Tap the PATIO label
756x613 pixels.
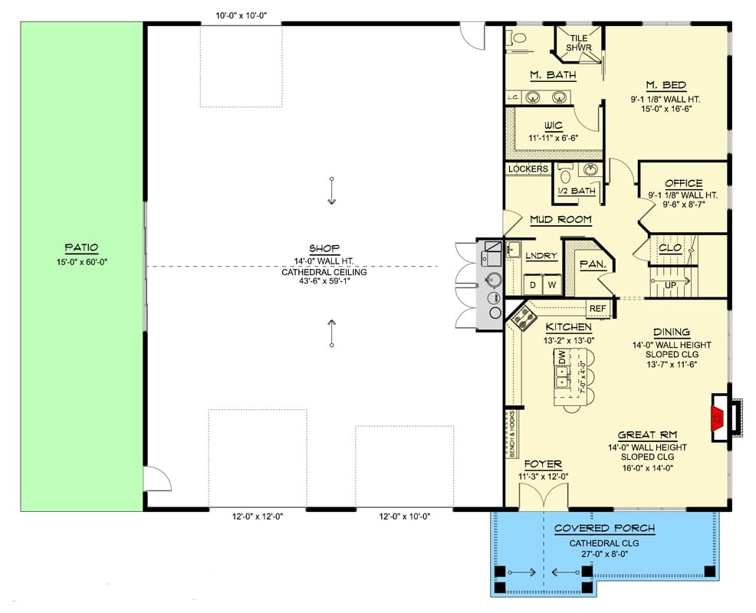[x=81, y=247]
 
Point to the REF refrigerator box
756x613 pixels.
[x=597, y=309]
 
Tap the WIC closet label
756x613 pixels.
[x=553, y=125]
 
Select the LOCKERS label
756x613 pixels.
[x=528, y=169]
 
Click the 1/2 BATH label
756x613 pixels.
[x=577, y=191]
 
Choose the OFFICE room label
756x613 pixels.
[x=683, y=183]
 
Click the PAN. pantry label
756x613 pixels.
[x=592, y=264]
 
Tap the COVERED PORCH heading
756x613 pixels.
[x=603, y=528]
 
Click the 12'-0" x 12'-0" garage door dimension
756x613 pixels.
[x=258, y=517]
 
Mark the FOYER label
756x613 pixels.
[x=543, y=464]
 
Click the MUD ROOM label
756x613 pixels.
[x=560, y=219]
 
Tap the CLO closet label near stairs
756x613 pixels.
[x=670, y=248]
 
